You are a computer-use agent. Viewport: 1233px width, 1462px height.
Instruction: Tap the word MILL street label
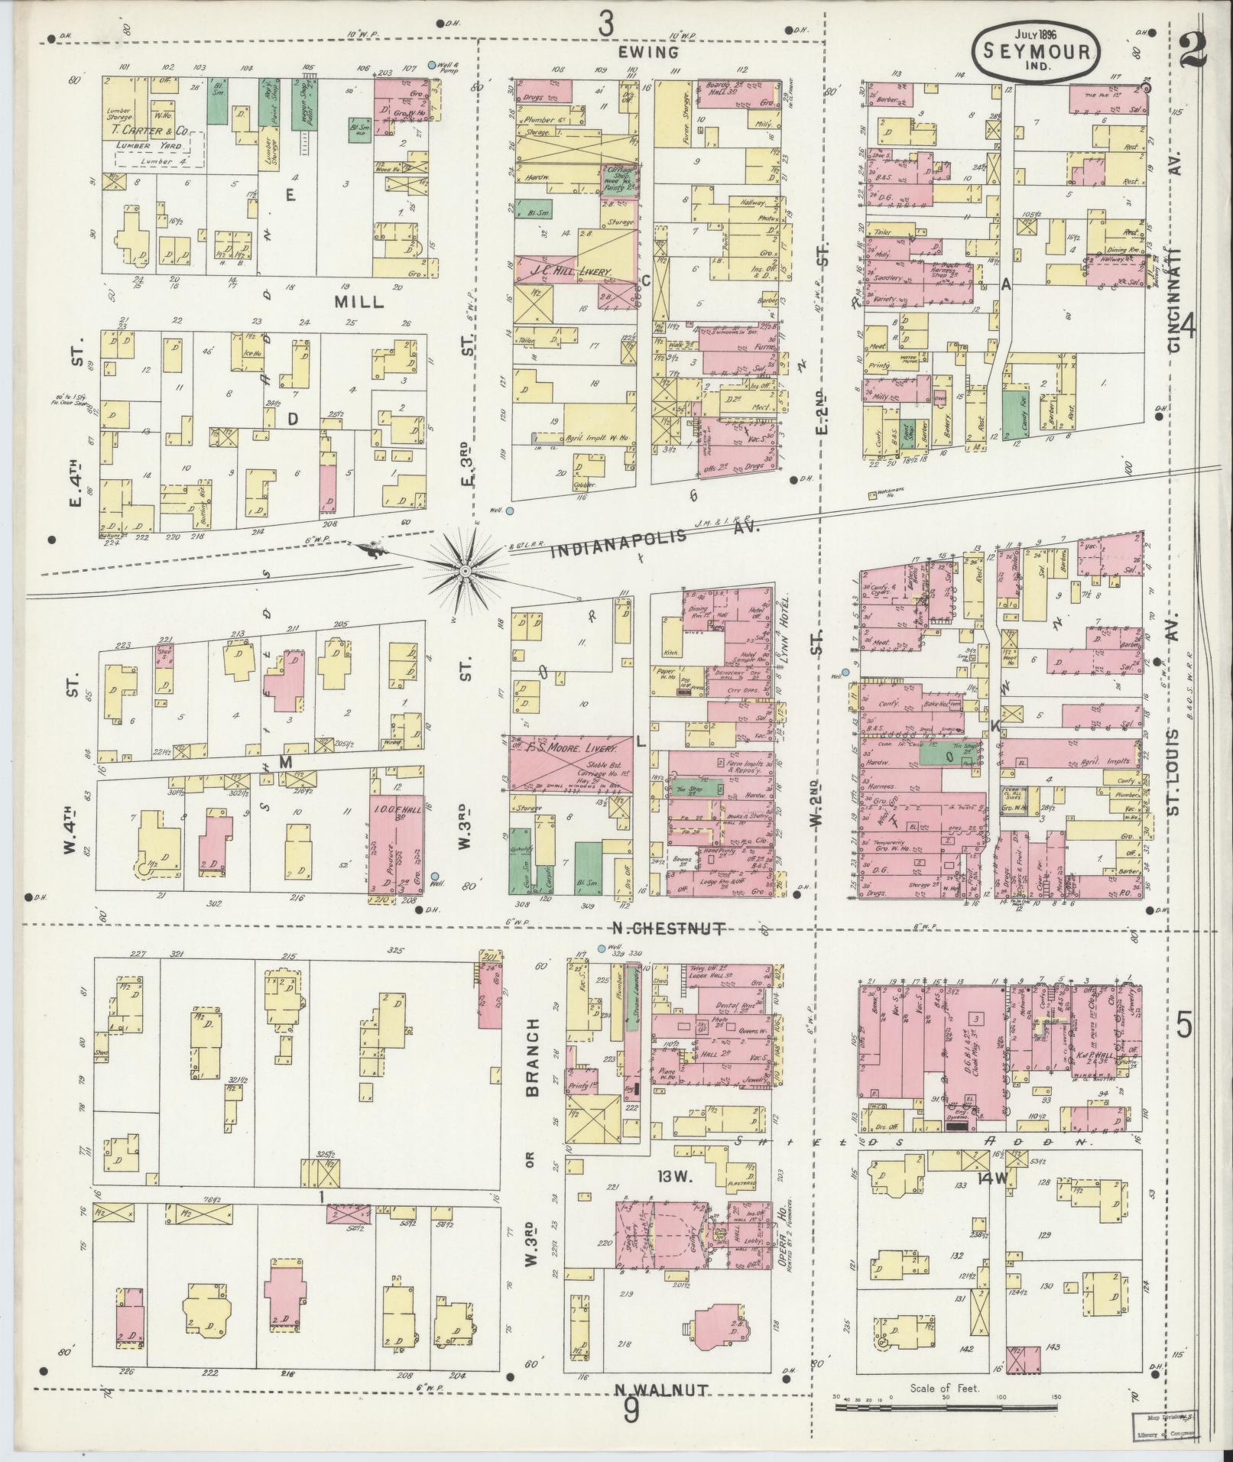[x=359, y=303]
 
